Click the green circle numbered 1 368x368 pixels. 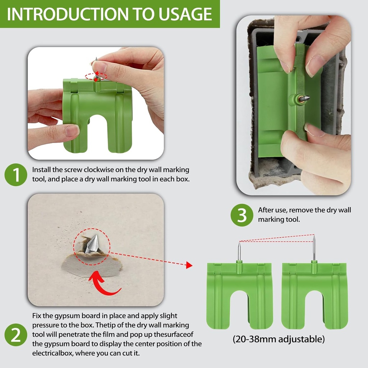(15, 175)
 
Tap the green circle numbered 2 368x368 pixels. (15, 335)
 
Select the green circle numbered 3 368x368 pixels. (242, 215)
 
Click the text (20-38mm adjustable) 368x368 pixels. (278, 339)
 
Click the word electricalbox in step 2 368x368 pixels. (50, 353)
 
